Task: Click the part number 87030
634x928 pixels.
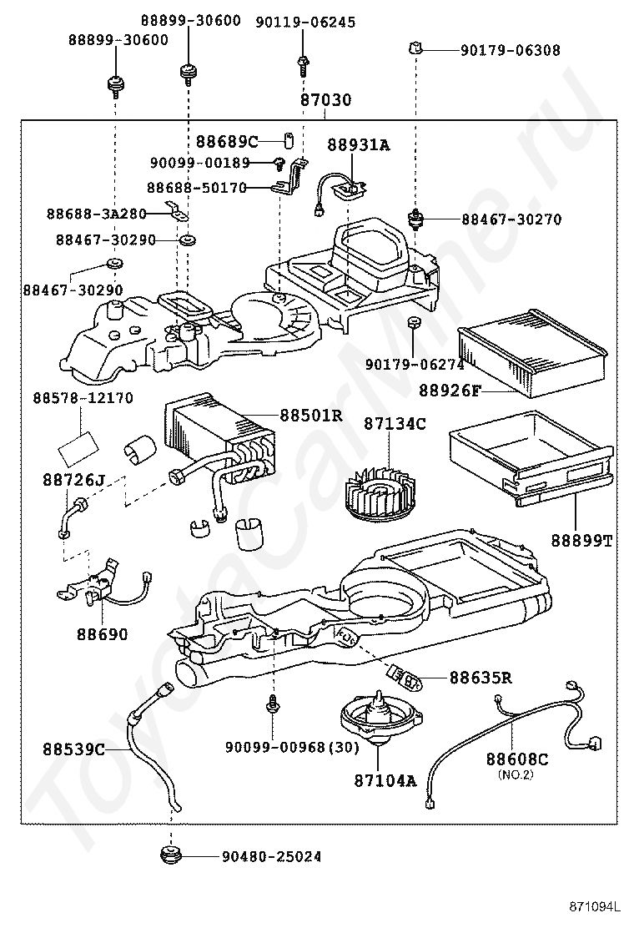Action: click(326, 100)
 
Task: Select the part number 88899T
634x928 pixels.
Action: click(581, 540)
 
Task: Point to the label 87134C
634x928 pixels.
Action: click(394, 424)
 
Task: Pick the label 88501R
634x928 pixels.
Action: click(311, 415)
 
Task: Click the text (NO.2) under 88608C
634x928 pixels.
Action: click(516, 774)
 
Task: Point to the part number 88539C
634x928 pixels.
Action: click(74, 749)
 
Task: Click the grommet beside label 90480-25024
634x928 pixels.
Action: click(171, 856)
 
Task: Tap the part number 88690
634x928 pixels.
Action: click(103, 634)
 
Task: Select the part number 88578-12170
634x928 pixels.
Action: click(83, 398)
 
